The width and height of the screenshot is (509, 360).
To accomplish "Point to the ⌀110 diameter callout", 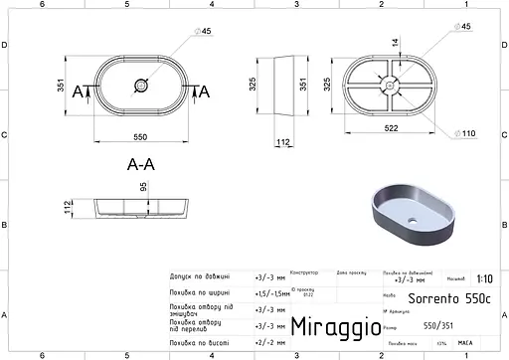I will [x=466, y=132].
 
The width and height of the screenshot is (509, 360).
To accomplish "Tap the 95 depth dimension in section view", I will [x=145, y=187].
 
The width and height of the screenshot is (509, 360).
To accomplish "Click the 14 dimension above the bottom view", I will [x=395, y=43].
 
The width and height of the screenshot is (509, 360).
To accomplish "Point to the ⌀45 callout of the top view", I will [x=206, y=32].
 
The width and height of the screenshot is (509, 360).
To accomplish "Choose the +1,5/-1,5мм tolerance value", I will [x=270, y=293].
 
